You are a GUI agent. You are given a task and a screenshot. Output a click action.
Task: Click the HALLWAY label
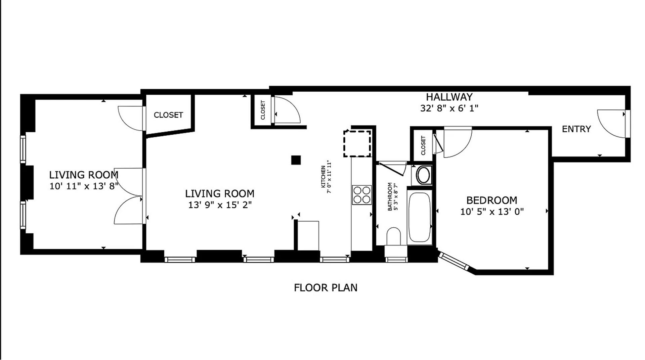(449, 97)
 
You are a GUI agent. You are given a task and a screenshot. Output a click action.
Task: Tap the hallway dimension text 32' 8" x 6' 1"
(449, 108)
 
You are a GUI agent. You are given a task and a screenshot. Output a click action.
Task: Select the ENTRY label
(576, 129)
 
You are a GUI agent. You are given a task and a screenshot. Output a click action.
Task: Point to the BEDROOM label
(491, 200)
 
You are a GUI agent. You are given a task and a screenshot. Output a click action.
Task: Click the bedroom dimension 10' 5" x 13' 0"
(491, 212)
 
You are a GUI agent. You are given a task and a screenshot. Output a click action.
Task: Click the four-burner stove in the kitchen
(361, 195)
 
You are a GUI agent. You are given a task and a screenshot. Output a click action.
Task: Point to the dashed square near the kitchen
(357, 144)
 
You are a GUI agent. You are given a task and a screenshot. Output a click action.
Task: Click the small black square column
(296, 160)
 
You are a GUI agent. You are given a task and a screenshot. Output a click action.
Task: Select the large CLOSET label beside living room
(168, 115)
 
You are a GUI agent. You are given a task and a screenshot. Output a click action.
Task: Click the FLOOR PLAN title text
(325, 288)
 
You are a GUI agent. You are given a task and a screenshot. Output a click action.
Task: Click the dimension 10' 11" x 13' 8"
(84, 186)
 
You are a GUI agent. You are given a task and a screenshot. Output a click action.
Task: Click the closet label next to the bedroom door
(423, 145)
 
